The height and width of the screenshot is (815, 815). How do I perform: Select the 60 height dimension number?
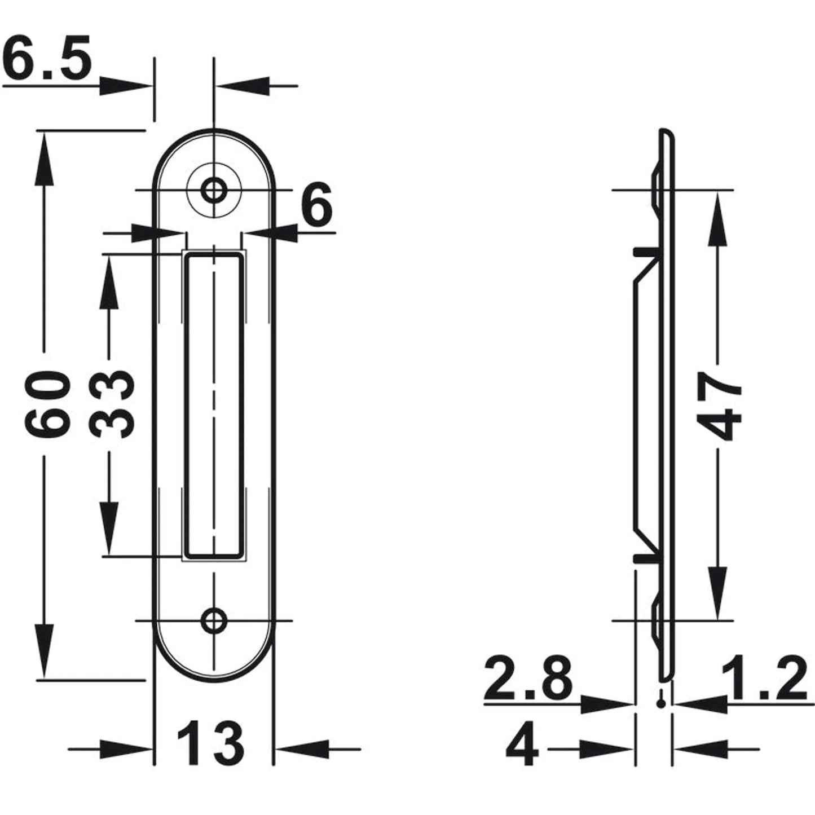46,403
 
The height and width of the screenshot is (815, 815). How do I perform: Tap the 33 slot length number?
112,403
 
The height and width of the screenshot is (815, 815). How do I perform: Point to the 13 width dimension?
210,743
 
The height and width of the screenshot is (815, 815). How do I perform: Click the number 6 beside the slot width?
316,205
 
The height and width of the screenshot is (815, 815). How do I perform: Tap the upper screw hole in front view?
214,190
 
